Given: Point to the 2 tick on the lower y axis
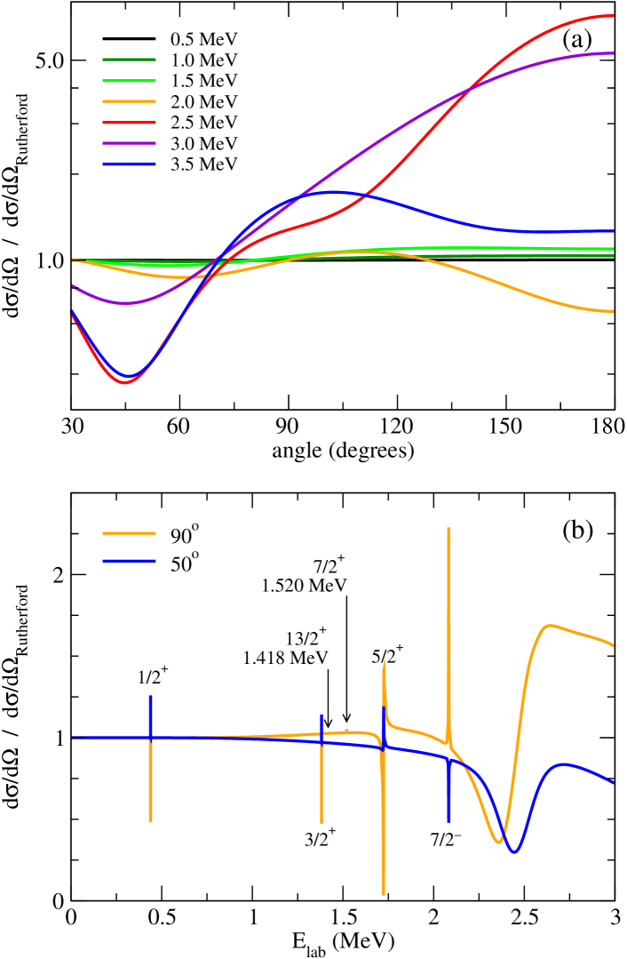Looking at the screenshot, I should [x=55, y=575].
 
